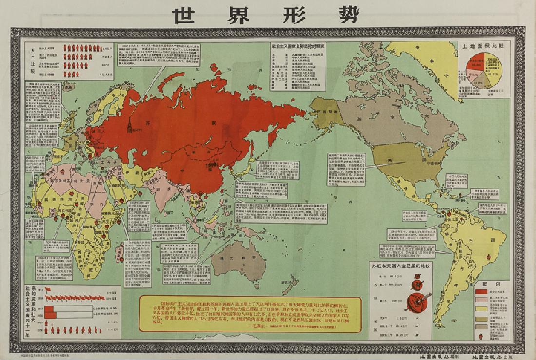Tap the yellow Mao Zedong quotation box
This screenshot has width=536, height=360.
(250, 312)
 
